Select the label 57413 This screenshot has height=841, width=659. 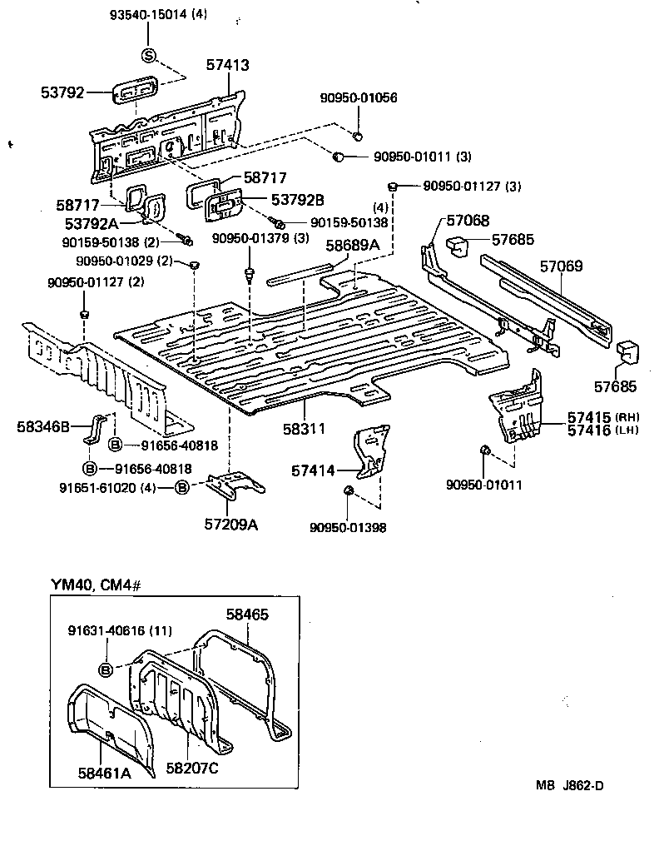point(229,64)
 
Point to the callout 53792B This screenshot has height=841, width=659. point(274,199)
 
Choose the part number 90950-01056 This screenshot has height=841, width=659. point(359,97)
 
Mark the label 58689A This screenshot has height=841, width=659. point(352,245)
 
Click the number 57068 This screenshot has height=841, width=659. point(468,220)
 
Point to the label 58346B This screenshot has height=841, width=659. point(44,426)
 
